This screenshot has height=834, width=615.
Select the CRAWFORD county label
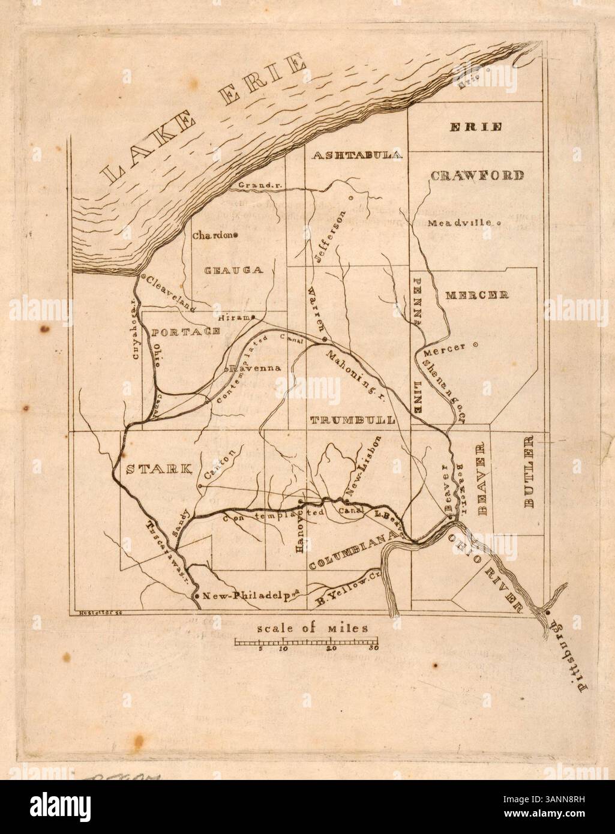pos(477,175)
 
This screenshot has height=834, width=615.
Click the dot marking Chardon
pos(236,235)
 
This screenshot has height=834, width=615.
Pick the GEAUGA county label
pos(233,270)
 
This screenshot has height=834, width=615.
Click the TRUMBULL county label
pos(352,420)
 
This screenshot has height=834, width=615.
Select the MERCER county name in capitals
pos(477,295)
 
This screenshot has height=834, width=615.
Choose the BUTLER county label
pos(529,471)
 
